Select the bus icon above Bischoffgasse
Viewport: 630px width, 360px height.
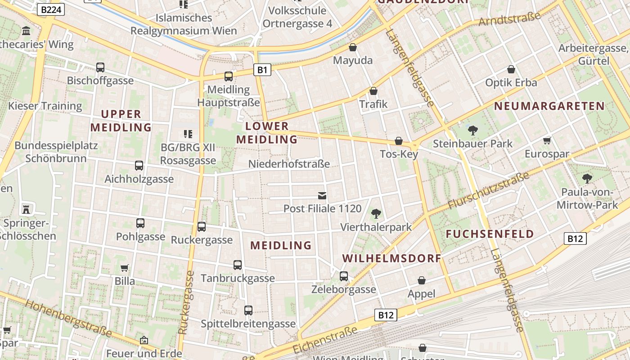tap(100, 67)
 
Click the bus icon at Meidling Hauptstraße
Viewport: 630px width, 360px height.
tap(229, 76)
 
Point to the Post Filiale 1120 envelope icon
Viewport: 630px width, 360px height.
tap(322, 195)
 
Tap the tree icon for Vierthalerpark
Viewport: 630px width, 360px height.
tap(376, 213)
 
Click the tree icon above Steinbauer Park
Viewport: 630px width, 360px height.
tap(472, 130)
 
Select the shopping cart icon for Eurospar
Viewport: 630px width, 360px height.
tap(547, 141)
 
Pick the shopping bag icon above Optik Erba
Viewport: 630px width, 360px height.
tap(511, 69)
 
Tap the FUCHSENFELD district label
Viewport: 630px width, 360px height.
tap(490, 234)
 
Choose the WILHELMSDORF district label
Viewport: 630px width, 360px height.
tap(392, 259)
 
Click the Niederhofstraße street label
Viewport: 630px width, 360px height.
tap(289, 164)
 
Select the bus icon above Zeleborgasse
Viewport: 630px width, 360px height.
tap(344, 276)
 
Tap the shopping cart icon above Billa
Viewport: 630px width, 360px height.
tap(125, 268)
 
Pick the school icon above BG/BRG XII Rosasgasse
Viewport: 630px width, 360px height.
tap(188, 134)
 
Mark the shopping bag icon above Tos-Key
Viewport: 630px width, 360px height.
tap(399, 141)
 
